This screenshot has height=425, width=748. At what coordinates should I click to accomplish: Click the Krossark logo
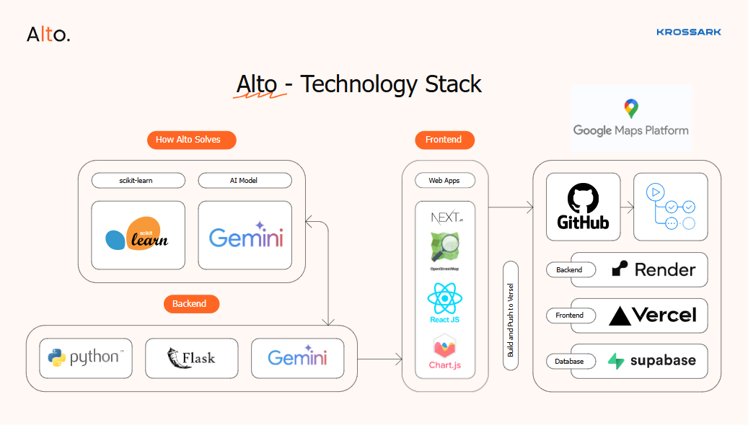point(688,32)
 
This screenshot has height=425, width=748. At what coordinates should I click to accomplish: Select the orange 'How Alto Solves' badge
point(191,140)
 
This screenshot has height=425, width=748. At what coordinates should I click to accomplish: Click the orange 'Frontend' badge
point(444,140)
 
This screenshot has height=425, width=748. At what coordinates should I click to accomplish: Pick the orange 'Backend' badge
point(191,304)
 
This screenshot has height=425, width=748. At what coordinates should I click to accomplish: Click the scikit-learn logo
point(137,233)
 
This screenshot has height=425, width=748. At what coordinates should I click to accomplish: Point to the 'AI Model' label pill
point(245,181)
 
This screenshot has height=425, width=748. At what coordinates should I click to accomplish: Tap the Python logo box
point(86,358)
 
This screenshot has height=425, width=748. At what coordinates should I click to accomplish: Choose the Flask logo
point(191,358)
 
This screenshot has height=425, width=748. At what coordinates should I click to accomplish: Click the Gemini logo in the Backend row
point(298,356)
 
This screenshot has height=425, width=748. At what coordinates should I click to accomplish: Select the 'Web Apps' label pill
point(445,181)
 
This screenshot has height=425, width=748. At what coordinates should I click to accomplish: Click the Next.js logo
point(446,218)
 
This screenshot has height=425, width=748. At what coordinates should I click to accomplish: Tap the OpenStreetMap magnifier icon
point(444,247)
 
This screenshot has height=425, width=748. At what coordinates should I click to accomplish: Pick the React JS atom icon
point(444,298)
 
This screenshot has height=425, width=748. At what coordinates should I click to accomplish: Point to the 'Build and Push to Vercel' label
point(511,320)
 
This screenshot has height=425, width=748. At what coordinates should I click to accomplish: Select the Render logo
point(654,269)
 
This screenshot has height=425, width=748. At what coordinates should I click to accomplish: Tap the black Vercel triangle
point(620,316)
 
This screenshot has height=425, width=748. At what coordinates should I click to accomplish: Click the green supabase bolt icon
point(616,361)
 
